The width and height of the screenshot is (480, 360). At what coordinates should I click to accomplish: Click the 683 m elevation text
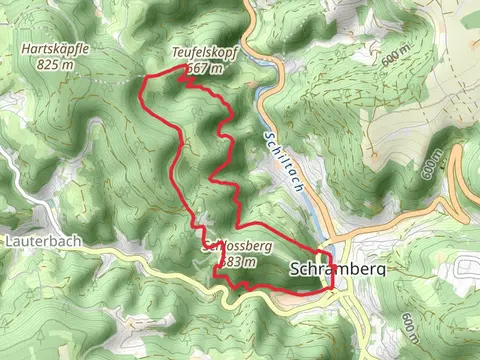pyautogui.click(x=237, y=261)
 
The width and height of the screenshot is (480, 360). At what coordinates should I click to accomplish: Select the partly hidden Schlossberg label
pyautogui.click(x=240, y=245)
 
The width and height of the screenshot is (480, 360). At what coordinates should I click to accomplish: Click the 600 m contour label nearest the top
pyautogui.click(x=397, y=55)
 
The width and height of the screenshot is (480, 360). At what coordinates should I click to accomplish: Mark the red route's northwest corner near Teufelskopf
pyautogui.click(x=146, y=78)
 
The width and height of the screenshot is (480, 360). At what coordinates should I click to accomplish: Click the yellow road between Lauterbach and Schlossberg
pyautogui.click(x=150, y=256)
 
